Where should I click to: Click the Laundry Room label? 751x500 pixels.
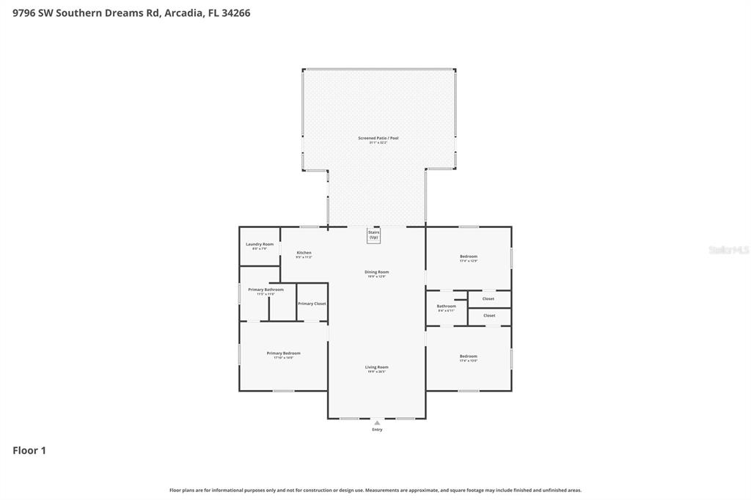pos(260,244)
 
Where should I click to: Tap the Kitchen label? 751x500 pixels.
pos(304,253)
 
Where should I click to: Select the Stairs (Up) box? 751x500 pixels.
pos(374,235)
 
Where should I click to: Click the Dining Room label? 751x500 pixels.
pos(377,272)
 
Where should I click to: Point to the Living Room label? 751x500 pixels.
pos(377,367)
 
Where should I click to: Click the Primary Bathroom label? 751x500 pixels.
pos(265,290)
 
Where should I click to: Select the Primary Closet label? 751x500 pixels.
pos(312,304)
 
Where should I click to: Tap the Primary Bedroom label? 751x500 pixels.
pos(283,353)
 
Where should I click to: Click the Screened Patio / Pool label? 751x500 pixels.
pos(378,138)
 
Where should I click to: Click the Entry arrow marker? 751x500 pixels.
pos(377,423)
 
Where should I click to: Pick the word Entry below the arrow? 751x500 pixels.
pos(377,430)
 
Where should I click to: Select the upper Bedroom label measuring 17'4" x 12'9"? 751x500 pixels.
pos(469,257)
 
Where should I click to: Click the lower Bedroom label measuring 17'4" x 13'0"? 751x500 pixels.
pos(469,356)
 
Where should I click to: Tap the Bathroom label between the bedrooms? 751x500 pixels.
pos(446,306)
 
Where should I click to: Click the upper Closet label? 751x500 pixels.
pos(488,299)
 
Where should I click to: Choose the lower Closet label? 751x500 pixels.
pos(489,316)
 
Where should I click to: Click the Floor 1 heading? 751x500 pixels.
pos(29,451)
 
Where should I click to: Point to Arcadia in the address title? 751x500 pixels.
pos(184,12)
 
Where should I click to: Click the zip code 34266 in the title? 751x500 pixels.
pos(235,12)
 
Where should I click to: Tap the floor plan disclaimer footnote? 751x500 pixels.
pos(375,490)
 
